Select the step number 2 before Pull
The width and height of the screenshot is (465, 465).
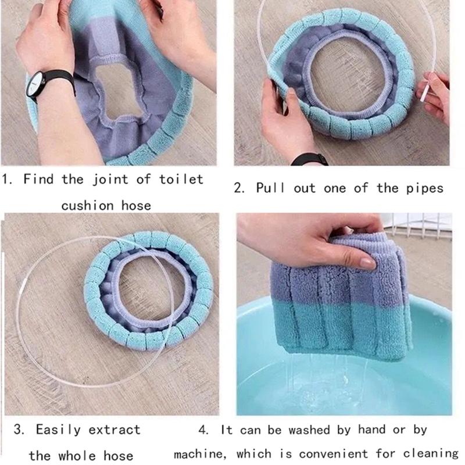pyautogui.click(x=238, y=188)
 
